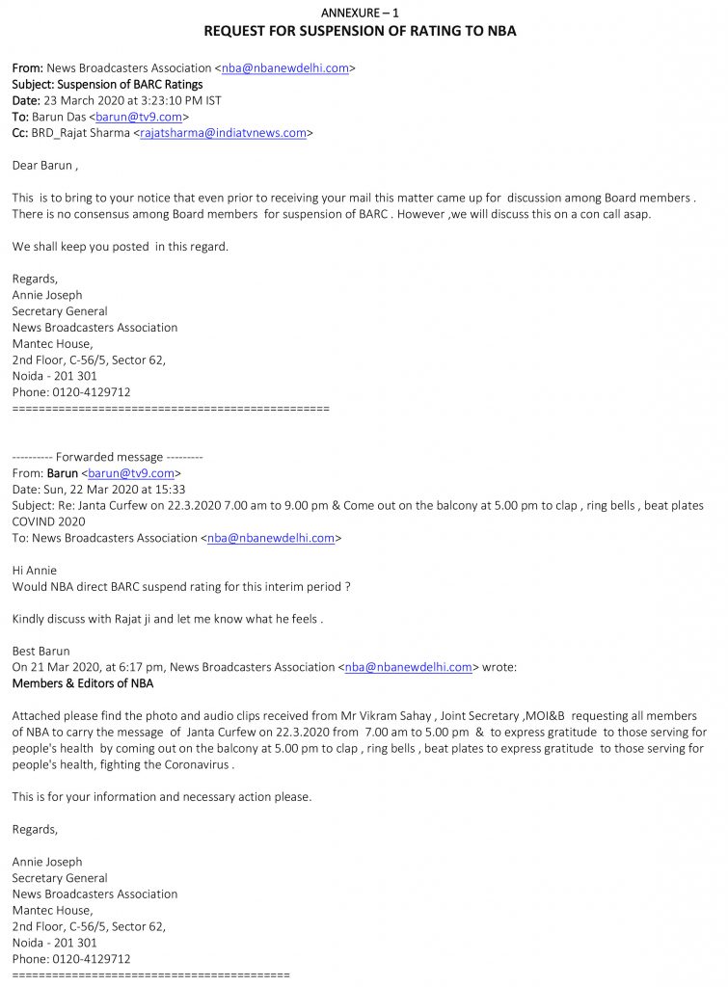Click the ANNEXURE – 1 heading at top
[359, 12]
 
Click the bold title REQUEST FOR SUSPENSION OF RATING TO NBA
[360, 31]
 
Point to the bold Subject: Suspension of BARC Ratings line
[107, 85]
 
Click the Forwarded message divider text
[107, 457]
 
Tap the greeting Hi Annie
[35, 571]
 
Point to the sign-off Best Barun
[40, 651]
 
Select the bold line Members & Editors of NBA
[82, 683]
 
